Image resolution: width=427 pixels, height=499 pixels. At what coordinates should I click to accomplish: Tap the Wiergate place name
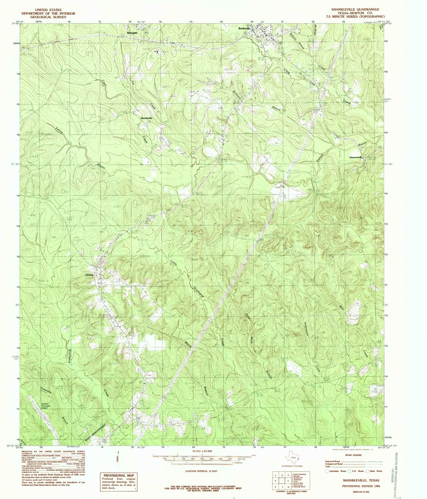click(132, 33)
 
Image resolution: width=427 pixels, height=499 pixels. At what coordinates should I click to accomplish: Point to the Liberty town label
click(90, 275)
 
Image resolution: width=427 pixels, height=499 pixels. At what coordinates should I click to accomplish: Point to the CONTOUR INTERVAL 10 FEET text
click(201, 471)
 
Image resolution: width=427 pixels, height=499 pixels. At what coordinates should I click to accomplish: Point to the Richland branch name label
click(237, 93)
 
